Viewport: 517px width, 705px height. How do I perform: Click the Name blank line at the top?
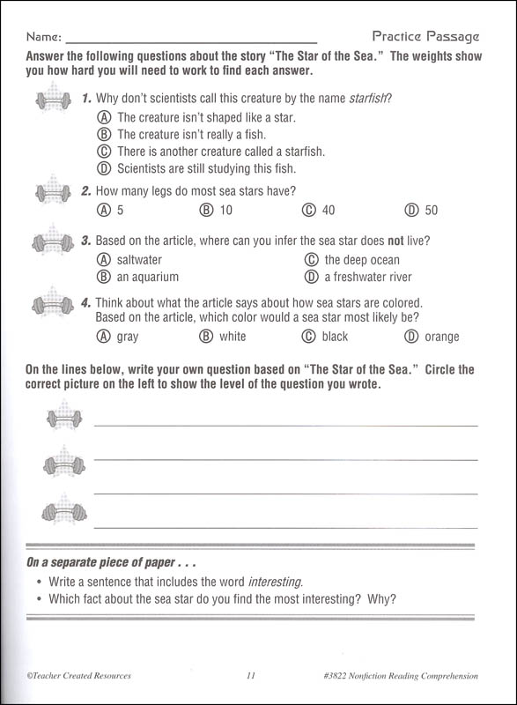tap(191, 40)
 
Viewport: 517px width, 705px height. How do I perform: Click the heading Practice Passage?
tap(425, 37)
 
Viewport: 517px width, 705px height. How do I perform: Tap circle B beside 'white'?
tap(206, 336)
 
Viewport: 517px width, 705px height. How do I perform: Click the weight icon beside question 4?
tap(53, 305)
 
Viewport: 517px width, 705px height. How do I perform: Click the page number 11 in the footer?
tap(251, 676)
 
